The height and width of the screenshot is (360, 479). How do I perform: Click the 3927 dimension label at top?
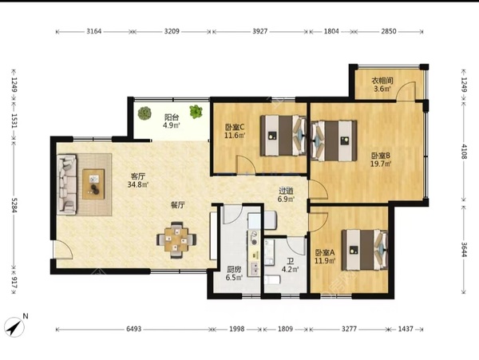pos(260,31)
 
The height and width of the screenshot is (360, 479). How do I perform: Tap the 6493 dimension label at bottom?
pos(134,329)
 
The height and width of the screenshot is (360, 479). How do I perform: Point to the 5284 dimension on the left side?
pos(14,205)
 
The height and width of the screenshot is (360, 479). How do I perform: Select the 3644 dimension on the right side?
pos(464,250)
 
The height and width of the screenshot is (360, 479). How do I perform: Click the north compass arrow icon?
pos(14,327)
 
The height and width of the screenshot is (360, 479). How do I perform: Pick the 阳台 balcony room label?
pos(172,117)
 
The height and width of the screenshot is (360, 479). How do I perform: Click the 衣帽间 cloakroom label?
pos(382,81)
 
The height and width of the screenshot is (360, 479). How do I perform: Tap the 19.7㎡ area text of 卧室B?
pos(381,164)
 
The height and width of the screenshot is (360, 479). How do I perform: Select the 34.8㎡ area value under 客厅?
pos(138,184)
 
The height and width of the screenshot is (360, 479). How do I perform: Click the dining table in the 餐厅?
pos(176,240)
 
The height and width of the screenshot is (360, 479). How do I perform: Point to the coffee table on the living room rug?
pos(93,184)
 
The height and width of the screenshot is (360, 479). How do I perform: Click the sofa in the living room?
pos(66,184)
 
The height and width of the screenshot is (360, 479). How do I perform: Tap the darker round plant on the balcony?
pos(144,113)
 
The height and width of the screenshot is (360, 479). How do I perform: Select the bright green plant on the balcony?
pos(196,112)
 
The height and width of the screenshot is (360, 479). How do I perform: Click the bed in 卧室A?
pos(365,250)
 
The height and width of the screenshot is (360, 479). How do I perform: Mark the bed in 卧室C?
pos(283,135)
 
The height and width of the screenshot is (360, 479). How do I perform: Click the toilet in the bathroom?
pos(272,279)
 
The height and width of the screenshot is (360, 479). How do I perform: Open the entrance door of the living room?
pos(62,250)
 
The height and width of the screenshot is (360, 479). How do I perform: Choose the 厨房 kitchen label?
pos(234,270)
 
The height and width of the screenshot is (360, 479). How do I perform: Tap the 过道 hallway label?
pos(286,191)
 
